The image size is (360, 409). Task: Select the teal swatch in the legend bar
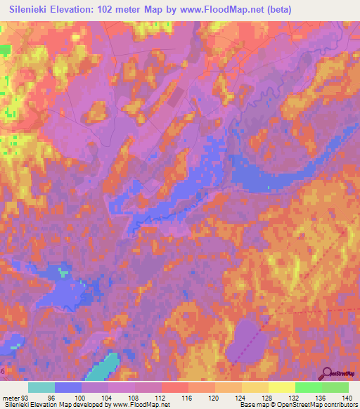41,387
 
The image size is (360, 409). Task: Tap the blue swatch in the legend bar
68,387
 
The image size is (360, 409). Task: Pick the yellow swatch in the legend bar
282,387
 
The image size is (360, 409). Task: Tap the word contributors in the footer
338,405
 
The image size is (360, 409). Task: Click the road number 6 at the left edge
3,370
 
